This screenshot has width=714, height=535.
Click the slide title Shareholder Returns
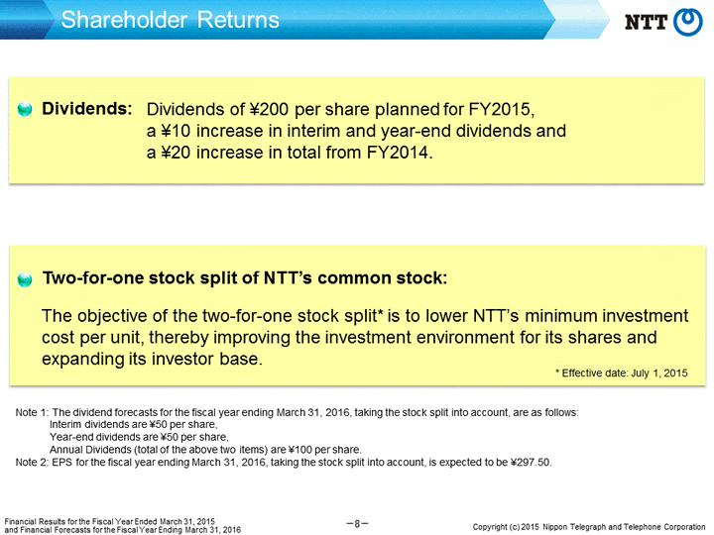[170, 20]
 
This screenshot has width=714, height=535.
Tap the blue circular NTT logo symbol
[687, 22]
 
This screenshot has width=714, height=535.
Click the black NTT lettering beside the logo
[646, 22]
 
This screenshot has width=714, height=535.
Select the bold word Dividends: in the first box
[87, 109]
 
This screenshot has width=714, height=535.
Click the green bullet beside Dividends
[25, 109]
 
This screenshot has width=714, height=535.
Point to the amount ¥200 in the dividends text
[269, 109]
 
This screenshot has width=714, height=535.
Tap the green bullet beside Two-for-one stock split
[25, 279]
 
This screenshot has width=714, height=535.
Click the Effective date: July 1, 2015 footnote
[621, 374]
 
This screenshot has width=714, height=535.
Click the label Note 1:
[32, 412]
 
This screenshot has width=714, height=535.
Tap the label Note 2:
[32, 463]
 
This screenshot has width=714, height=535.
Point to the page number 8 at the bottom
[357, 524]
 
